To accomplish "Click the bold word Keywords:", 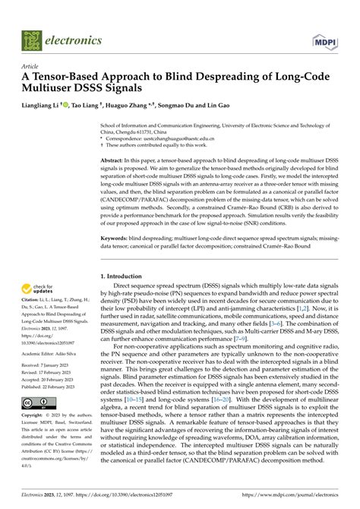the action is pos(118,239).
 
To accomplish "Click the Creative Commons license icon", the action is pos(37,401).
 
